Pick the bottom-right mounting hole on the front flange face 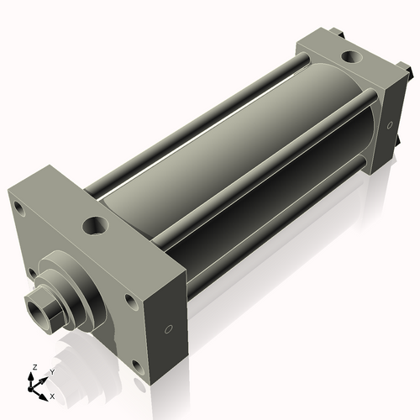[136, 364]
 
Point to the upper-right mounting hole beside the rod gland [129, 298]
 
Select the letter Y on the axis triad [51, 370]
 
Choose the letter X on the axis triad [52, 395]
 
